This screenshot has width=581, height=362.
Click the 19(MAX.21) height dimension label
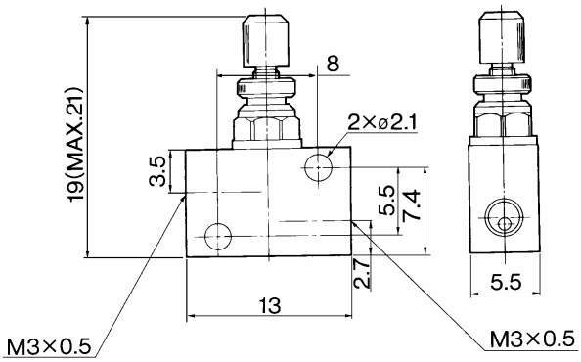point(74,145)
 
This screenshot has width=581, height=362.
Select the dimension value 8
point(334,64)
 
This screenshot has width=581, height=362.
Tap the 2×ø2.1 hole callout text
point(382,123)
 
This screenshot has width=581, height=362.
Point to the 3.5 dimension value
point(157,171)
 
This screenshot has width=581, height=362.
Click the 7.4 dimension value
point(412,205)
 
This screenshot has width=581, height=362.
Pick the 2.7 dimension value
point(362,273)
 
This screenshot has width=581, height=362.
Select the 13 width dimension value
point(270,305)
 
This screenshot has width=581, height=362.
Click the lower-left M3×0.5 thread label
point(49,347)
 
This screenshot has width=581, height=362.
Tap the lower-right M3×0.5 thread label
point(532,339)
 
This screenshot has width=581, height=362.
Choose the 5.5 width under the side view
point(506,283)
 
